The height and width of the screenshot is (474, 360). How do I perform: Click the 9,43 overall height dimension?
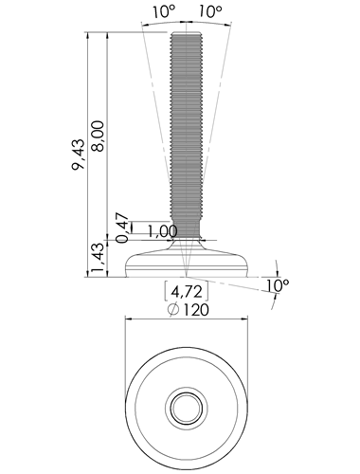(79, 155)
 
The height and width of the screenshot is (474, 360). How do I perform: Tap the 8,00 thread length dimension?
(98, 137)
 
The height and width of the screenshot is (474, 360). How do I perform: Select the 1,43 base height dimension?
(98, 258)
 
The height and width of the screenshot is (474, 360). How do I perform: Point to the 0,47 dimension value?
(122, 228)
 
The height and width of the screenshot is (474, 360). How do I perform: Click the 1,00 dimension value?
(163, 231)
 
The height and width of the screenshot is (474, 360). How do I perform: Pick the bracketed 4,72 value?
(187, 292)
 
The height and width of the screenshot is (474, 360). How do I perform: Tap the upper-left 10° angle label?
(164, 12)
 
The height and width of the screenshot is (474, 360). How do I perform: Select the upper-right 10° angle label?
(210, 12)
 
